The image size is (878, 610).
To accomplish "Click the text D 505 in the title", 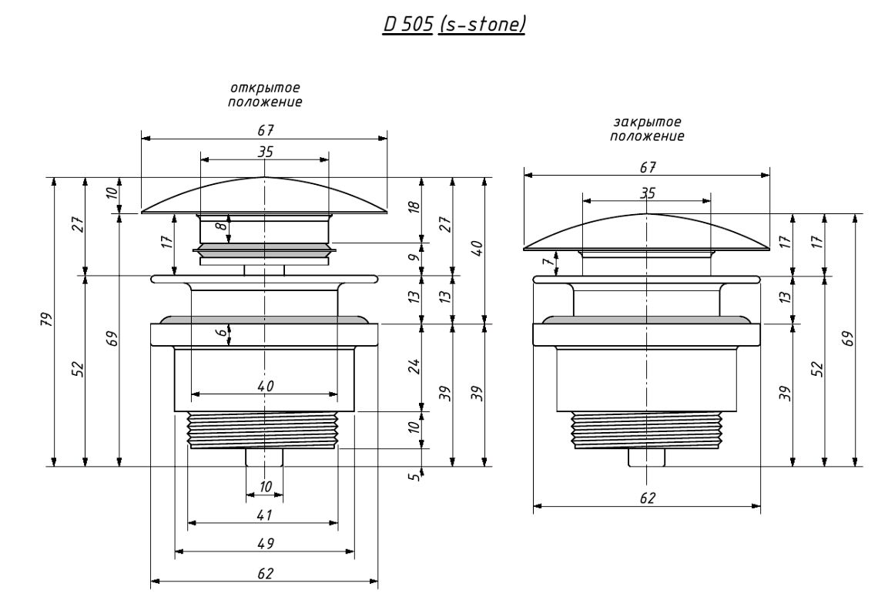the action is pos(407,24).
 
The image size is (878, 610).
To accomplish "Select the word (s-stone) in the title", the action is pos(481,24).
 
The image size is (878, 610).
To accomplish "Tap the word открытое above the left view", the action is pos(265,88).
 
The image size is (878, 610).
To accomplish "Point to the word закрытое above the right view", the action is pos(647,122).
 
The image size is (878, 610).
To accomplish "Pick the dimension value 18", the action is pos(414,206).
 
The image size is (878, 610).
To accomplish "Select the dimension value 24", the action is pos(414,367).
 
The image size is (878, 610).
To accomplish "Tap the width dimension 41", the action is pos(264,514).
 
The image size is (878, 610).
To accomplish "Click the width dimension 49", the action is pos(266,543).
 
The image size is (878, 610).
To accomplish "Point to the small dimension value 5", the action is pos(414,477).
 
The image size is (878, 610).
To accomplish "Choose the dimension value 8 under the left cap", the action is pos(223,226).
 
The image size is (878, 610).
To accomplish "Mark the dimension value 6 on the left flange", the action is pos(223,332).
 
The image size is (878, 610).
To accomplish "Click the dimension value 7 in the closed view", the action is pos(549,260).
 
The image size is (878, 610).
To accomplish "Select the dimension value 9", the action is pos(414,257).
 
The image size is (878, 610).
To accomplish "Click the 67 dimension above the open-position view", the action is pos(266,130).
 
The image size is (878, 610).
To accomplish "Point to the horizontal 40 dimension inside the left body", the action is pos(266,386).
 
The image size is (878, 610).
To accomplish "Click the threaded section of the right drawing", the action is pos(646,431).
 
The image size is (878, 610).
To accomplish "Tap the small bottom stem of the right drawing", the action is pos(647,457).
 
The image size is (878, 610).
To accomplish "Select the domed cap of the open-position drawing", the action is pos(264,196).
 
